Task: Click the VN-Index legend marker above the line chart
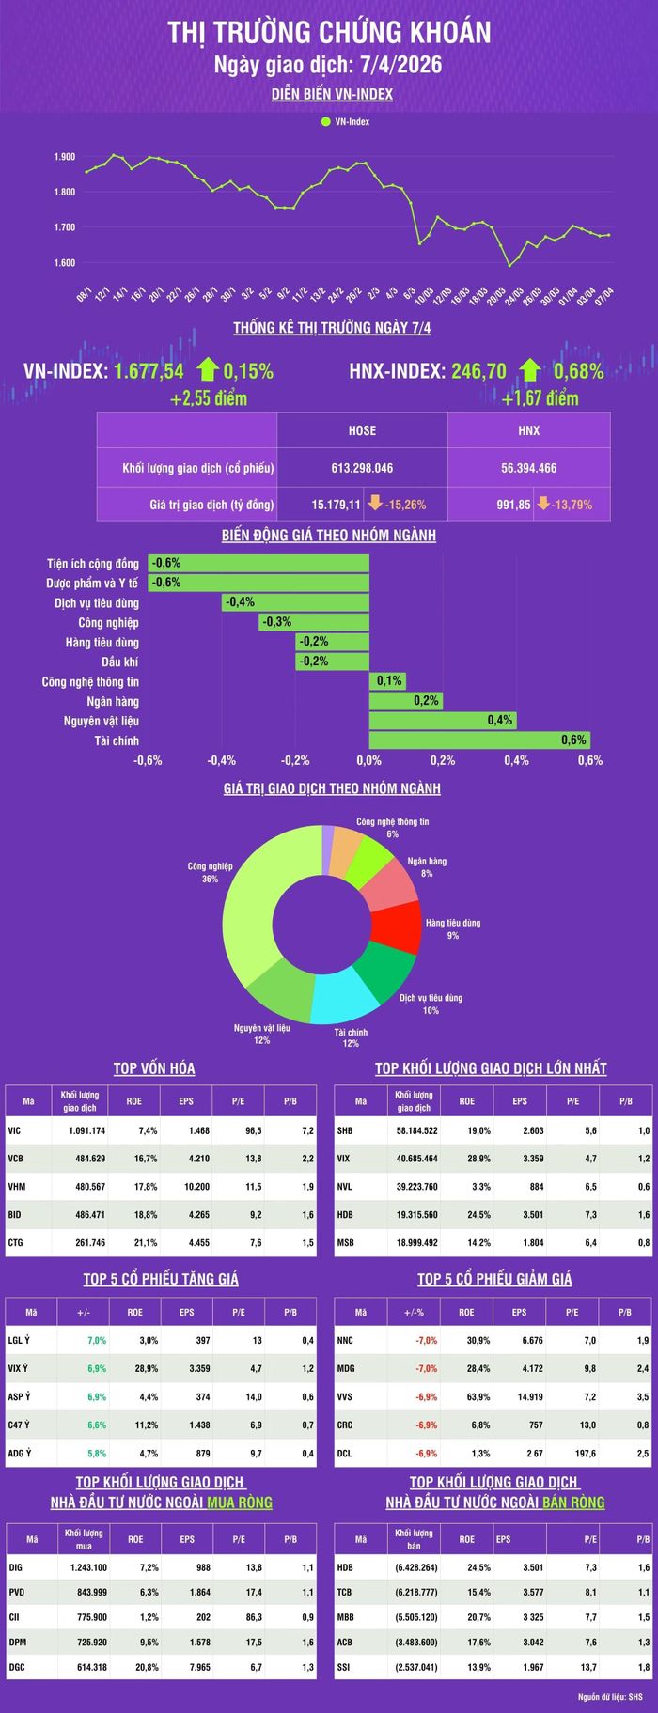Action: click(325, 122)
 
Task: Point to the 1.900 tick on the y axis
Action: click(65, 157)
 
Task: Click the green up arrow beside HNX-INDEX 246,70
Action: click(530, 370)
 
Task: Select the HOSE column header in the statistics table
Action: click(362, 430)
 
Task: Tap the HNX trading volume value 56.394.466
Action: click(529, 468)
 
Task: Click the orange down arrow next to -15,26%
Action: click(375, 504)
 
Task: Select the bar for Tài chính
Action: click(479, 740)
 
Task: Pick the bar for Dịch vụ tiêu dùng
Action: click(295, 602)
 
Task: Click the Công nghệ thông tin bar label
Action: click(90, 682)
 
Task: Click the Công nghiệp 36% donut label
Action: click(210, 872)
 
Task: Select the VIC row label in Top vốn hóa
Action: click(14, 1130)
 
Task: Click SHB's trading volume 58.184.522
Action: click(417, 1130)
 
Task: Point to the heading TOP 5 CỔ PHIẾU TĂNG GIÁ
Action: click(161, 1279)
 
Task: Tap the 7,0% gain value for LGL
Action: click(97, 1341)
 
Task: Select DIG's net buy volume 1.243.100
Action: click(88, 1568)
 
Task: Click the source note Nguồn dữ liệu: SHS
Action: click(617, 1697)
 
